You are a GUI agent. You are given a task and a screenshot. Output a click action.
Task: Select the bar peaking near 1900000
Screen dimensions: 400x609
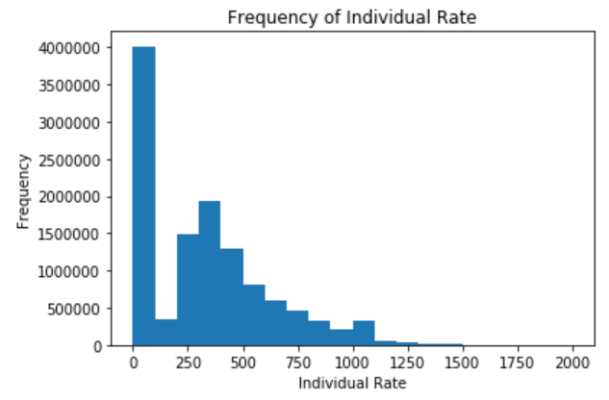click(210, 273)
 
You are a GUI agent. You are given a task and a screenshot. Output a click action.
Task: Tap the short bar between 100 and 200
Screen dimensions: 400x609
click(165, 333)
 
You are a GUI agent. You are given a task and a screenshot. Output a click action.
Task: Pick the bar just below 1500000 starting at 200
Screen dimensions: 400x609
click(188, 289)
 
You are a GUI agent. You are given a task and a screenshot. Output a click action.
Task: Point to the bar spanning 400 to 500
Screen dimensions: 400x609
click(232, 297)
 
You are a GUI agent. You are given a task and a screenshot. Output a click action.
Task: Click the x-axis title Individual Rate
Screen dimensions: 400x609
click(354, 384)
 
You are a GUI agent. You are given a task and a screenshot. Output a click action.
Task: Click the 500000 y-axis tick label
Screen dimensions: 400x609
click(68, 309)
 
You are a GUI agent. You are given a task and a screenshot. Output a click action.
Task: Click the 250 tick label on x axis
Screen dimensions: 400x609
click(189, 362)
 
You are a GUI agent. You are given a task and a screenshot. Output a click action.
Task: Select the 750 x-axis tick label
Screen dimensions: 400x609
click(298, 362)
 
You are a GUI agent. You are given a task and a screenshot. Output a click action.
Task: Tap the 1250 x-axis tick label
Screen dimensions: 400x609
click(408, 362)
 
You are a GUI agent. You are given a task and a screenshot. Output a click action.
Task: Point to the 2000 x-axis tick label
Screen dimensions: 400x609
click(572, 362)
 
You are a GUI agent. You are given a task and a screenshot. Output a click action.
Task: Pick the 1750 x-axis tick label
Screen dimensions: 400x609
click(518, 362)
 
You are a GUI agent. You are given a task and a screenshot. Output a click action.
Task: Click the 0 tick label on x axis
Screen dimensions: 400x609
click(133, 362)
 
